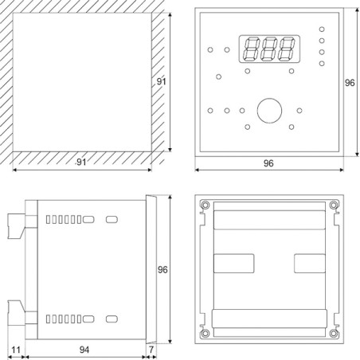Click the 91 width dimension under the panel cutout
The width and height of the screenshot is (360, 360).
pos(80,162)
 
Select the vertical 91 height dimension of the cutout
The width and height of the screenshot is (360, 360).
pos(161,82)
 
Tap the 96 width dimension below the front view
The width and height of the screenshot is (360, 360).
pos(268,162)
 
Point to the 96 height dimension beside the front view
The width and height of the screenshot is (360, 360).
pos(349,82)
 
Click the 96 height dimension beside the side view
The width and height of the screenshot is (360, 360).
pos(164,269)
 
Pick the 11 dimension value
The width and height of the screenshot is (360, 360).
pos(15,349)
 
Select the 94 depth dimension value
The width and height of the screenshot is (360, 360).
pos(85,349)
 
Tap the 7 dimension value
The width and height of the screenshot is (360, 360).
pos(151,349)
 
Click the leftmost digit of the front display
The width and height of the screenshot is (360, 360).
pos(249,49)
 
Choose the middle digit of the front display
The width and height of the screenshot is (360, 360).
pos(268,49)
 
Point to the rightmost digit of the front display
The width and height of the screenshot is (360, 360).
pos(287,49)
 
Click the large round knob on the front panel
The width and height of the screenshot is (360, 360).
pos(268,109)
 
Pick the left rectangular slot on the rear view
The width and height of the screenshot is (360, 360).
pos(235,263)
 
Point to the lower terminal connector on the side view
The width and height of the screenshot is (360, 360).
pos(17,312)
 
